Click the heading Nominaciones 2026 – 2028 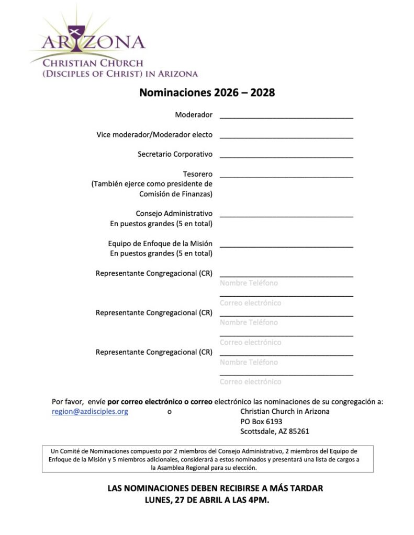tap(207, 93)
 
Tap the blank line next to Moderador tap(286, 117)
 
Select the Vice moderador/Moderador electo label tap(154, 135)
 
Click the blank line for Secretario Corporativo tap(286, 156)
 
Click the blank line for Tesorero tap(286, 177)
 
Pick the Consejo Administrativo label tap(174, 214)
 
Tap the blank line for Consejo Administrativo tap(286, 215)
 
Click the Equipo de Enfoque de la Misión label tap(160, 243)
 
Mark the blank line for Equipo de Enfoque tap(286, 246)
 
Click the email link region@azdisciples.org tap(90, 412)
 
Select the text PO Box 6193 tap(261, 422)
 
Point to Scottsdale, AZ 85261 tap(274, 432)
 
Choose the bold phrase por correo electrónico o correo tap(160, 402)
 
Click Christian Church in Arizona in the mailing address tap(285, 412)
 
